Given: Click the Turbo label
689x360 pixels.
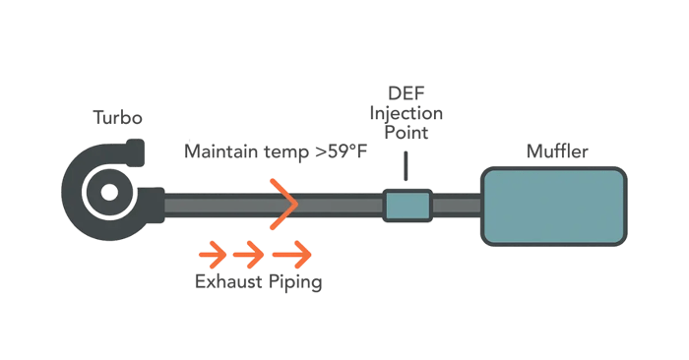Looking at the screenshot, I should [x=118, y=119].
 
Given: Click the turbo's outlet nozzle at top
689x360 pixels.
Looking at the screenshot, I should [x=133, y=150].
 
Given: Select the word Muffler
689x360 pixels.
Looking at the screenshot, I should [x=559, y=152].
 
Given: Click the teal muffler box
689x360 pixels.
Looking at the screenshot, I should [x=554, y=207].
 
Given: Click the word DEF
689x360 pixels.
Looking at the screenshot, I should [x=406, y=93].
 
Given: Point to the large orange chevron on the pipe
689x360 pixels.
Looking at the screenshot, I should [x=282, y=205].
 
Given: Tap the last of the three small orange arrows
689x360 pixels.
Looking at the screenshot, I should [x=292, y=255].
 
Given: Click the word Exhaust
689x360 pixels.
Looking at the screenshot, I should [x=228, y=283].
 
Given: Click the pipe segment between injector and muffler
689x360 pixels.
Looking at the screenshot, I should [x=456, y=206].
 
